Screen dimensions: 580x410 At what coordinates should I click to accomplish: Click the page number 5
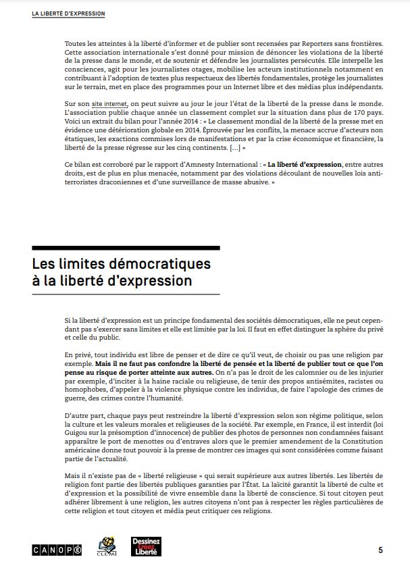point(380,550)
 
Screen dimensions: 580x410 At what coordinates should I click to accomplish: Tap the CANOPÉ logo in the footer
point(57,550)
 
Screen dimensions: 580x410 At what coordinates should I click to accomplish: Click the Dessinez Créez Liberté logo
point(145,548)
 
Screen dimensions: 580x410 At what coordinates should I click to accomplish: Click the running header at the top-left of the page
point(68,14)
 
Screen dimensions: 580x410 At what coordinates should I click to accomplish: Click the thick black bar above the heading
point(126,248)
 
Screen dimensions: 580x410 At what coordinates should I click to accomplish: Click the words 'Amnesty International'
point(222,165)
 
